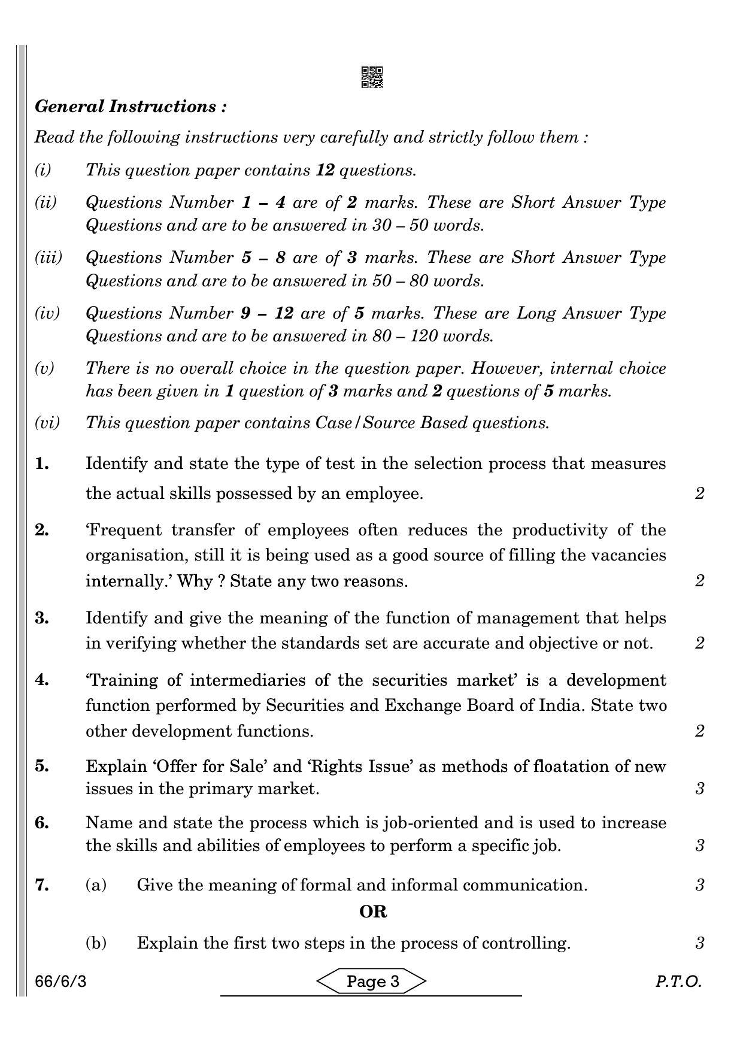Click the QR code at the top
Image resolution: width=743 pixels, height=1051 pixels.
click(372, 77)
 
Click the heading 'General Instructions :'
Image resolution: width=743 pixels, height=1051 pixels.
click(131, 107)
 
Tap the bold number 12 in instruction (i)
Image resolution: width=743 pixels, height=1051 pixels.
click(325, 170)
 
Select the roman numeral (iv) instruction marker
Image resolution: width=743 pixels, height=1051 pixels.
click(47, 313)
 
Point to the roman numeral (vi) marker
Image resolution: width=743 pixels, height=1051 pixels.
click(47, 423)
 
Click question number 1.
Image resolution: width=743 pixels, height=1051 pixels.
click(42, 464)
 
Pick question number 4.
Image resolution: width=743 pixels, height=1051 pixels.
click(42, 680)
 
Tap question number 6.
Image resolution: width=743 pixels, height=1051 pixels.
click(42, 823)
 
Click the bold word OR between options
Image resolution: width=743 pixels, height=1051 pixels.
click(372, 912)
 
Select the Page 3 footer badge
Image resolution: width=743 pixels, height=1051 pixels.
click(372, 981)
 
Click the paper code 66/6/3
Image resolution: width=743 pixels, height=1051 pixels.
click(60, 982)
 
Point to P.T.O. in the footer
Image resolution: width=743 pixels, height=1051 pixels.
click(678, 982)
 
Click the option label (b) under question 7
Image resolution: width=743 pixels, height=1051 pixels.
click(96, 943)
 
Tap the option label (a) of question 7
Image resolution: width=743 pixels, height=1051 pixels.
click(96, 885)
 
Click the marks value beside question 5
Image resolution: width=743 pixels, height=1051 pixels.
click(700, 789)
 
